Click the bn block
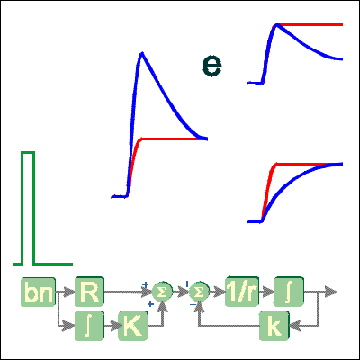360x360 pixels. click(x=38, y=292)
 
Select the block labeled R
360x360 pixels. click(x=89, y=292)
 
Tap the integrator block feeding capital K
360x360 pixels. click(x=89, y=326)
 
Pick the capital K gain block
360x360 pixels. click(x=133, y=326)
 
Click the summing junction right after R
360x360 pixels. click(x=162, y=292)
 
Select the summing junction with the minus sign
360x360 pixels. click(x=199, y=292)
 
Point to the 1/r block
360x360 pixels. click(x=242, y=291)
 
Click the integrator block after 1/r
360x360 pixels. click(x=289, y=292)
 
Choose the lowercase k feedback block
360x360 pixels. click(x=274, y=326)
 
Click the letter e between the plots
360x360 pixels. click(x=212, y=66)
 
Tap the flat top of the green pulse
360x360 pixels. click(x=28, y=153)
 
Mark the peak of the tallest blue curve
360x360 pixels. click(x=142, y=53)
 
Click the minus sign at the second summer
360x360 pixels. click(x=193, y=304)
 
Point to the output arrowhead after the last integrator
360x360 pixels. click(x=330, y=292)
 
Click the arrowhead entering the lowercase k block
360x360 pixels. click(x=295, y=326)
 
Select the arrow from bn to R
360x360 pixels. click(x=65, y=292)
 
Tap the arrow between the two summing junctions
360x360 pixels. click(x=181, y=292)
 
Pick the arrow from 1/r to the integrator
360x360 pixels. click(x=266, y=292)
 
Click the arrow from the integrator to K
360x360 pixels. click(x=112, y=326)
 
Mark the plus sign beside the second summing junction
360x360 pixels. click(x=186, y=283)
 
